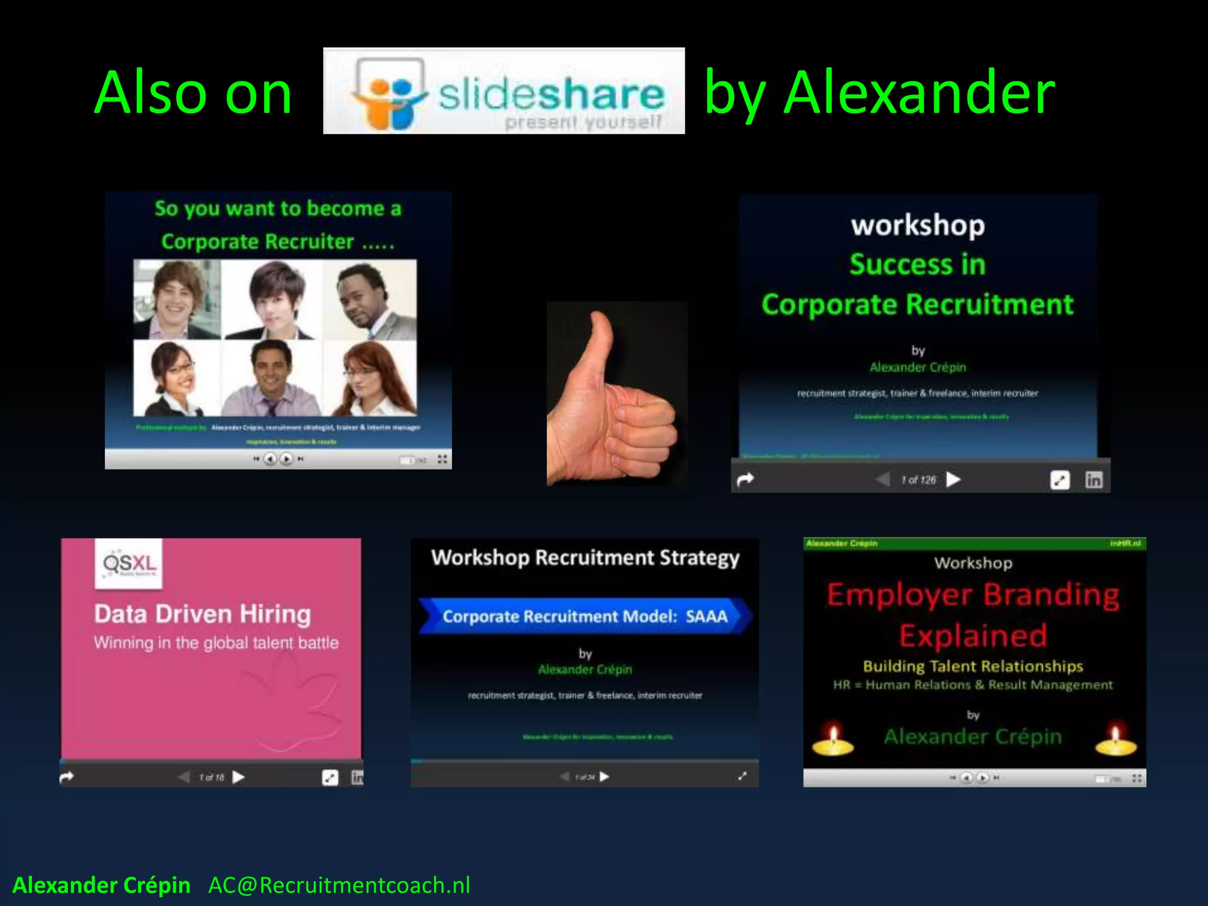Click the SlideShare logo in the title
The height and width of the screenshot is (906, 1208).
point(504,91)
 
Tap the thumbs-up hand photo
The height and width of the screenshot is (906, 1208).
point(616,393)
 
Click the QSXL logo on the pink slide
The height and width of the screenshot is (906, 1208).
point(129,563)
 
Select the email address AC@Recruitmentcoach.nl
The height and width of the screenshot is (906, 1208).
point(339,885)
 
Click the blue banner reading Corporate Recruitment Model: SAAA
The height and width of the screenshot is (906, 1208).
point(585,616)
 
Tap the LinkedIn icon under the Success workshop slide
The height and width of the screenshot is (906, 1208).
point(1094,480)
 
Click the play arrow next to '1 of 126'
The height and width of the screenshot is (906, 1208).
point(953,480)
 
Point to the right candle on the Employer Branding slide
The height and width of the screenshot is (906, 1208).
point(1115,740)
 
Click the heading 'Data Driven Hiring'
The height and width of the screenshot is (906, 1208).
point(202,614)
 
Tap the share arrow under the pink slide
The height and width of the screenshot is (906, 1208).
point(67,777)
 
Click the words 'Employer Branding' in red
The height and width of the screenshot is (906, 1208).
point(973,595)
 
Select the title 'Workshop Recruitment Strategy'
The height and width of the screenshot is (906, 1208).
point(585,557)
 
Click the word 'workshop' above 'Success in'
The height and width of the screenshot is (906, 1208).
point(918,225)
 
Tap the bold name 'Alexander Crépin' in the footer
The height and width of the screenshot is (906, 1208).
point(101,885)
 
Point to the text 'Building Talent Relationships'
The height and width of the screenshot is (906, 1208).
point(973,667)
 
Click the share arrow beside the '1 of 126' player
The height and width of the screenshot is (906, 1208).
point(746,480)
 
